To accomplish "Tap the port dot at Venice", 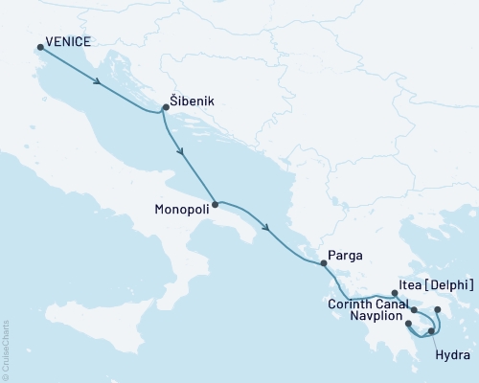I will coord(39,46).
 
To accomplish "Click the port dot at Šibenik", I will coord(166,107).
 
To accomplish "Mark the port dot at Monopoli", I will coord(215,204).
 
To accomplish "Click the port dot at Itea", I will coord(395,294).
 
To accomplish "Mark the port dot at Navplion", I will coord(409,324).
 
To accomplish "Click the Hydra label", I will coord(451,354).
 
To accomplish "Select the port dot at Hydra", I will coord(431,331).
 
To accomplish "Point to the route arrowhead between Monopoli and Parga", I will coord(264,229).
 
